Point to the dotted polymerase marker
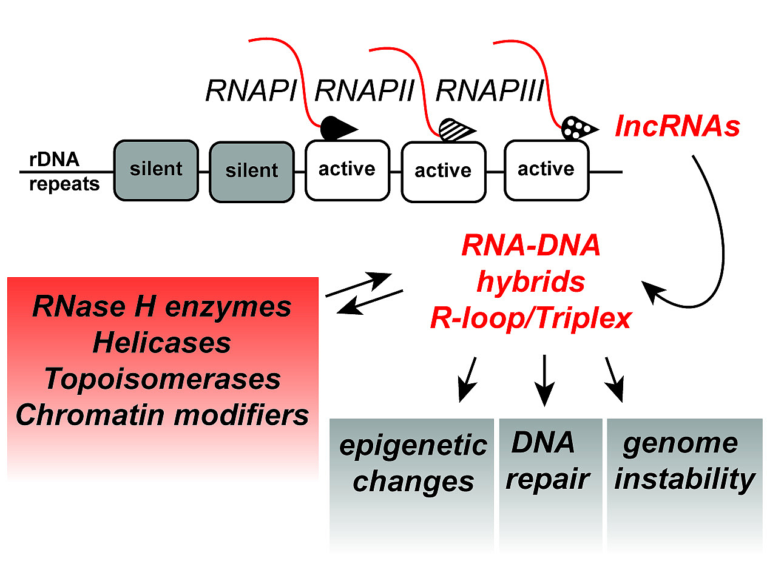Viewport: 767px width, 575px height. click(x=578, y=127)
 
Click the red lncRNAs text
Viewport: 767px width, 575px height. click(x=677, y=127)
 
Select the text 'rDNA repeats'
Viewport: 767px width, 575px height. click(x=64, y=172)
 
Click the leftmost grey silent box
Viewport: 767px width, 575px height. click(x=156, y=169)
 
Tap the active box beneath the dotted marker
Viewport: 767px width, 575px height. click(x=546, y=169)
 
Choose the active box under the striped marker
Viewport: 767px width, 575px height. click(x=443, y=172)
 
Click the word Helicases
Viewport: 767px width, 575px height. click(x=162, y=343)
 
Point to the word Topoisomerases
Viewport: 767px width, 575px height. click(x=162, y=379)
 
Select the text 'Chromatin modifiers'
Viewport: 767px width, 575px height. click(x=162, y=415)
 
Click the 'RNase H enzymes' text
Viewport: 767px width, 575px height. click(x=162, y=307)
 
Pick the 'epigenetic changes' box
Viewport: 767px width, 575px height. click(x=412, y=464)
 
